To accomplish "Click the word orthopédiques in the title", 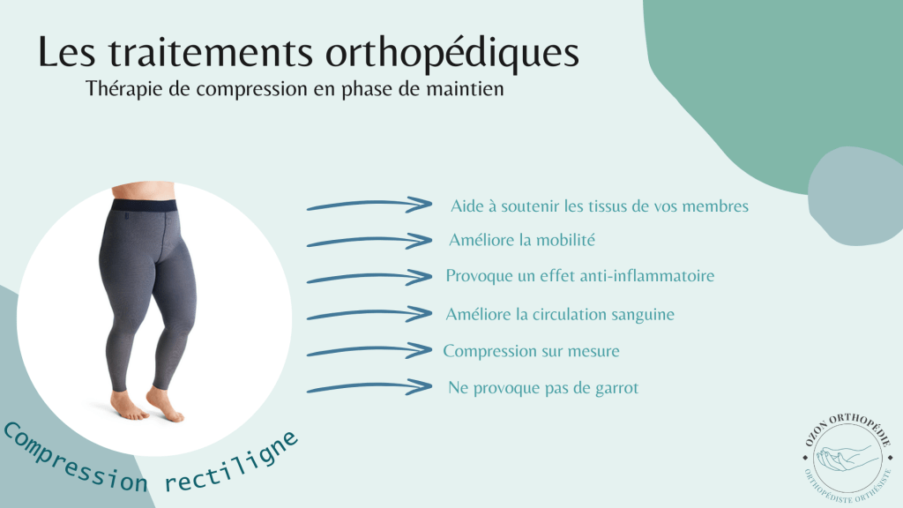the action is click(x=452, y=54).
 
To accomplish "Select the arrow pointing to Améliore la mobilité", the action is click(x=369, y=241).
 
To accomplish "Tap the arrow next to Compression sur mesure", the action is click(x=369, y=350).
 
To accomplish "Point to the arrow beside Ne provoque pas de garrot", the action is click(x=369, y=387).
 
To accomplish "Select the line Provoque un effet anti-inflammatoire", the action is click(x=580, y=276).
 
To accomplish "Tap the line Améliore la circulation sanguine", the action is click(x=560, y=315).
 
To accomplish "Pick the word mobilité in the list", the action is click(x=563, y=240).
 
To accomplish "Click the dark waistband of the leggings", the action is click(x=144, y=205).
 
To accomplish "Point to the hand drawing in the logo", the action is click(x=849, y=458).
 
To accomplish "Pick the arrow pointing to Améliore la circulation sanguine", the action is click(x=369, y=315).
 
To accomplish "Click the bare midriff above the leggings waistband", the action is click(x=143, y=191).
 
